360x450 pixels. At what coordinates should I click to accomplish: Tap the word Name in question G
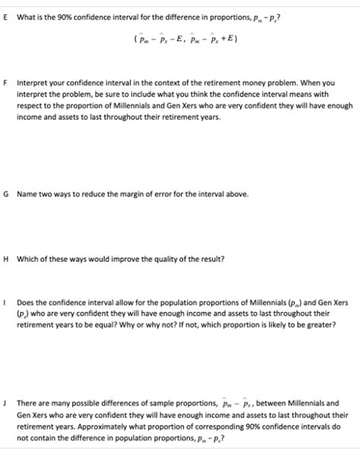pyautogui.click(x=27, y=194)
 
